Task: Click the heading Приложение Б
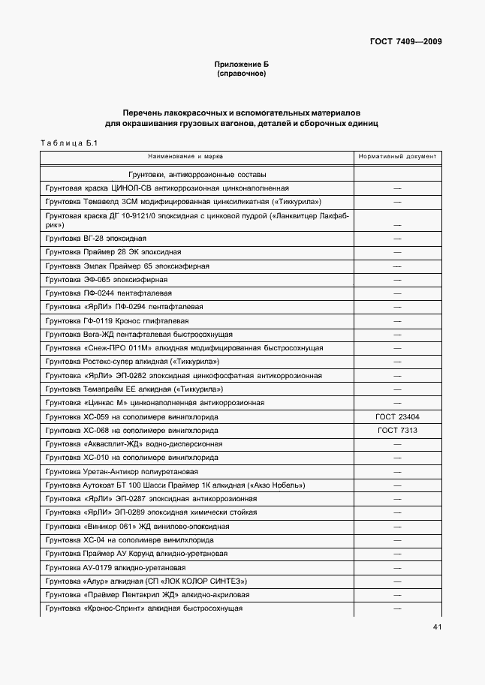[x=241, y=65]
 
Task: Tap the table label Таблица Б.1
[x=65, y=143]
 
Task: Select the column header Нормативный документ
[x=397, y=157]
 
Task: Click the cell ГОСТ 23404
[x=397, y=416]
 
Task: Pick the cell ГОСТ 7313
[x=397, y=431]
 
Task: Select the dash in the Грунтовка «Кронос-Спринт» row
[x=397, y=608]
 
